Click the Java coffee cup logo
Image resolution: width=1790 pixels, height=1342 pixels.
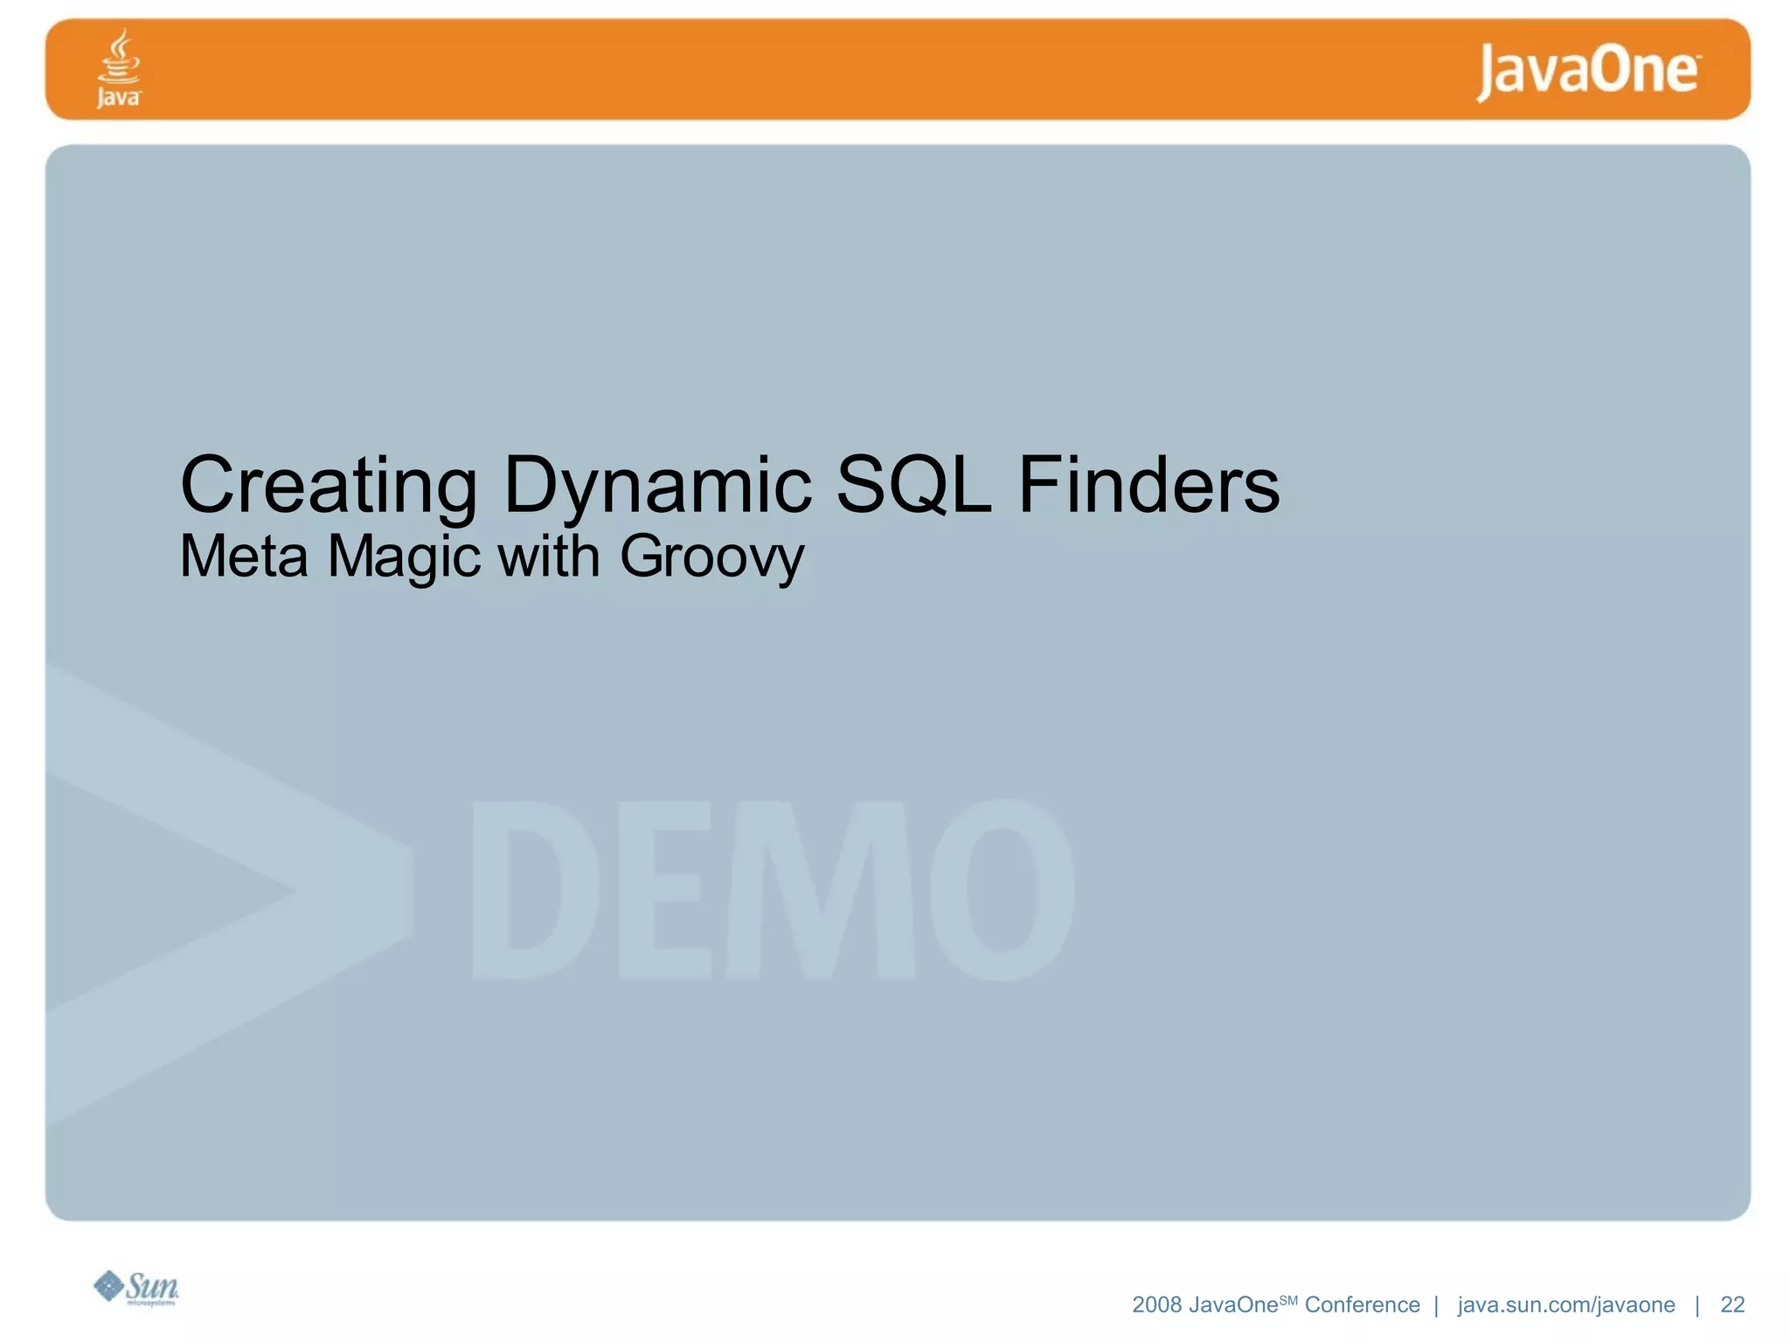click(x=118, y=68)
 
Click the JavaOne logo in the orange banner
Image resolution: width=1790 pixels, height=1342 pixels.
click(x=1588, y=72)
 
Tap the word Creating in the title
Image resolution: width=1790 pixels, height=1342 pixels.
click(x=329, y=486)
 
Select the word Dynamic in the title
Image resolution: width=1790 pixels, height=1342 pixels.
click(x=657, y=486)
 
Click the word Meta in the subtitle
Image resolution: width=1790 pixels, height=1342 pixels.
click(x=244, y=557)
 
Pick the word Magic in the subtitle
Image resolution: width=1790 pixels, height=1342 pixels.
click(x=404, y=558)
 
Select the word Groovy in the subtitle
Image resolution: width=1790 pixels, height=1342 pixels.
click(x=711, y=558)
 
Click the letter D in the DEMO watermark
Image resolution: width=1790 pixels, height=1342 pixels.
click(x=535, y=889)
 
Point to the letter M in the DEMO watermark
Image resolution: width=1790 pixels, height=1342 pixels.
click(x=821, y=889)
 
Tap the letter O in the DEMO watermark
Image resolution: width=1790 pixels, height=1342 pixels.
click(x=1002, y=889)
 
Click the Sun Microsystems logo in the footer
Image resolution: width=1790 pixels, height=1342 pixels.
click(x=136, y=1288)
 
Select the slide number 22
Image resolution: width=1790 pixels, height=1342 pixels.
click(x=1732, y=1304)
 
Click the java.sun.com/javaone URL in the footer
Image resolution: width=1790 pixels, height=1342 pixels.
click(x=1565, y=1304)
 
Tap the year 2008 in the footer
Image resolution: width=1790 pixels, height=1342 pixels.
click(x=1156, y=1304)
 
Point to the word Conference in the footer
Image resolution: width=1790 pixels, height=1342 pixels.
click(x=1362, y=1304)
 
